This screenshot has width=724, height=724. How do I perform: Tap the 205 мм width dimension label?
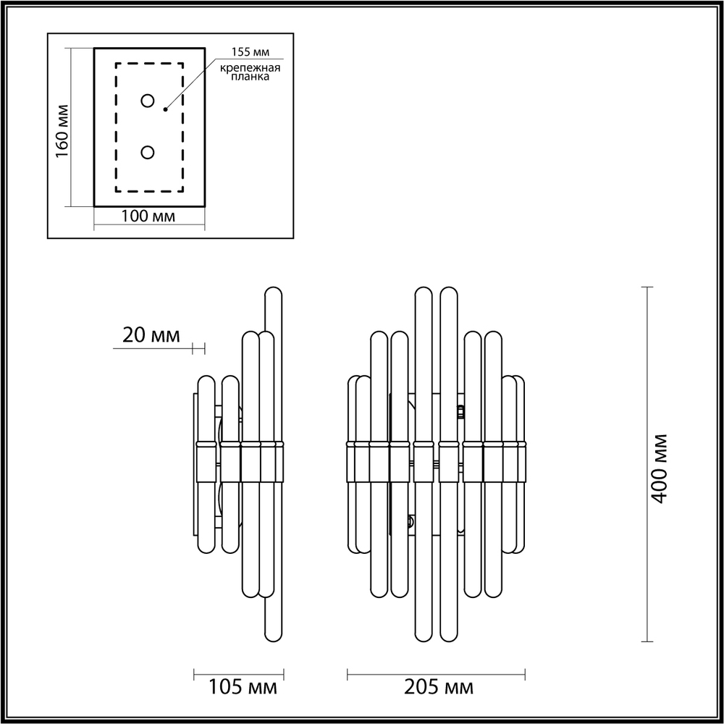pos(438,686)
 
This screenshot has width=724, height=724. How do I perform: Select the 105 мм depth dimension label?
pos(237,686)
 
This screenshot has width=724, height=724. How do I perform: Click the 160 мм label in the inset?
pos(62,131)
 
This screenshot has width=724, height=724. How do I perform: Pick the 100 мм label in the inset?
pos(148,216)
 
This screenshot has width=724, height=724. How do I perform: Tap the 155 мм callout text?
pos(246,52)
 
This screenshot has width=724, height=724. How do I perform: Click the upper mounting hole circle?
pos(148,101)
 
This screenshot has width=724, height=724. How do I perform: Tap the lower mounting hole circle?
pos(148,152)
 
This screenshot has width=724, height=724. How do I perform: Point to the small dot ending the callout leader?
pos(166,109)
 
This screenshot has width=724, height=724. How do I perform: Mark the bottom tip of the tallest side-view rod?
pos(273,638)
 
